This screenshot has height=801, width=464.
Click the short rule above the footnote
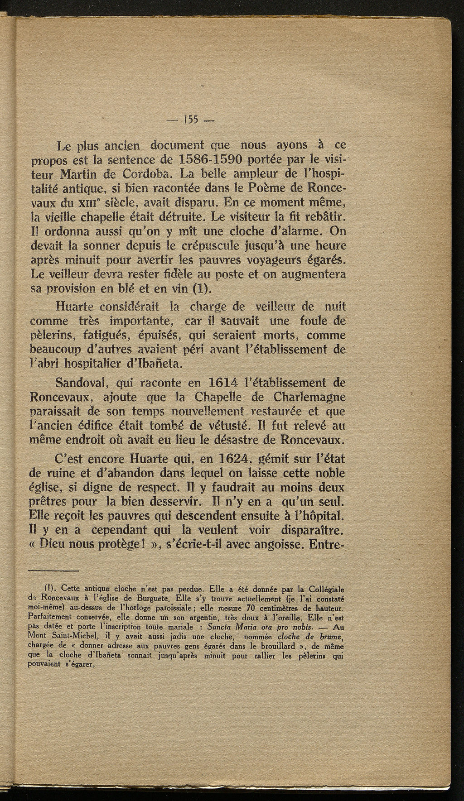click(54, 571)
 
